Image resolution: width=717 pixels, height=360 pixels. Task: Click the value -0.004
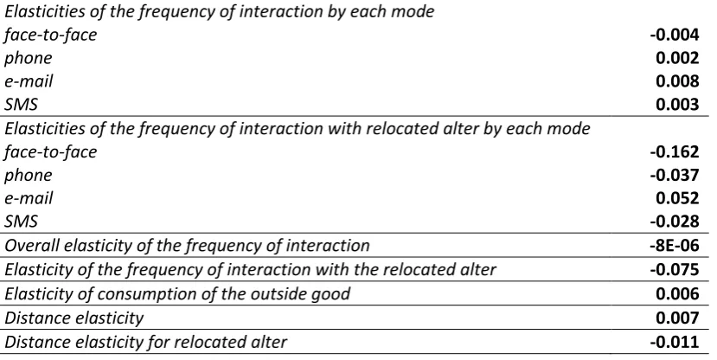tap(675, 35)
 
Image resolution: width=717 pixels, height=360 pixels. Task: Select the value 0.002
tap(677, 58)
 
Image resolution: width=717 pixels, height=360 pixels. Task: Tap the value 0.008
tap(677, 81)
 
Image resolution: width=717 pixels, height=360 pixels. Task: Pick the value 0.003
tap(677, 105)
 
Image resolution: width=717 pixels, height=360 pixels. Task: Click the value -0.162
tap(675, 151)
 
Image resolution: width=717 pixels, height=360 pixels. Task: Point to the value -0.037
tap(675, 175)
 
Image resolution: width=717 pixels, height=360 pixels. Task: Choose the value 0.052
tap(677, 198)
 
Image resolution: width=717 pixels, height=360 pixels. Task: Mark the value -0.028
tap(675, 222)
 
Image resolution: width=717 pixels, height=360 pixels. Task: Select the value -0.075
tap(675, 269)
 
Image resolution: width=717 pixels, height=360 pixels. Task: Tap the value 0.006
tap(677, 293)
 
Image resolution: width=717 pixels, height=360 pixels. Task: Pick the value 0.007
tap(677, 318)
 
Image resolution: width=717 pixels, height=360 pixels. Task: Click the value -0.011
tap(675, 342)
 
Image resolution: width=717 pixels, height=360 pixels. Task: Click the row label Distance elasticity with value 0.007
tap(74, 318)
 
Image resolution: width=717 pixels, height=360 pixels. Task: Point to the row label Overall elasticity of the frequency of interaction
tap(187, 246)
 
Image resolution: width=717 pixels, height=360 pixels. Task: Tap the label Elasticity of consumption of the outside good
tap(177, 294)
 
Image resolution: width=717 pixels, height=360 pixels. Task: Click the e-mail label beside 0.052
tap(29, 198)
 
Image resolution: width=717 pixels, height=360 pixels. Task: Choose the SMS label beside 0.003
tap(21, 105)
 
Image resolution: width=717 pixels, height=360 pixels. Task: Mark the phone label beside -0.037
tap(29, 176)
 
